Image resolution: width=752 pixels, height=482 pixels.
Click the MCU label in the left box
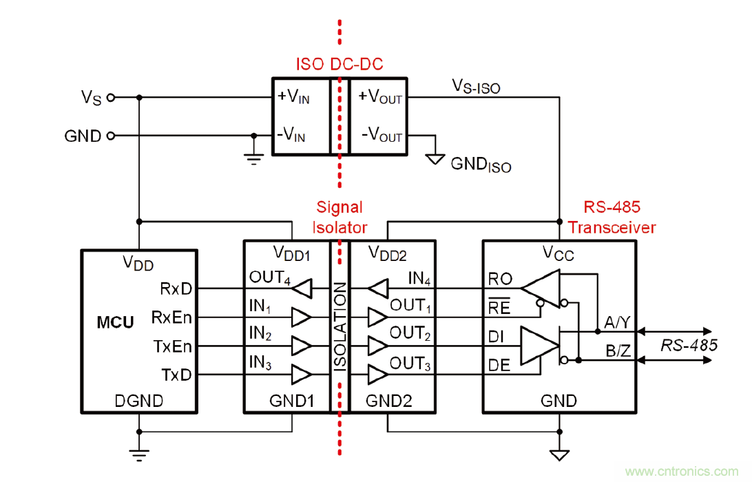coord(115,322)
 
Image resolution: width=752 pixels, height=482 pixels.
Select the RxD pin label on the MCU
coord(176,287)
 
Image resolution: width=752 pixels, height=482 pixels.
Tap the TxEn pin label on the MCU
coord(171,346)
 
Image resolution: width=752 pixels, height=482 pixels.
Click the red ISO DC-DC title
coord(339,65)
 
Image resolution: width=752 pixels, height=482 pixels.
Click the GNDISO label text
coord(481,165)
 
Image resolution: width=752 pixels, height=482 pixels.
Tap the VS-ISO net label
coord(476,86)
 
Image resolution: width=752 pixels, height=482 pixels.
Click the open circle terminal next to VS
coord(109,98)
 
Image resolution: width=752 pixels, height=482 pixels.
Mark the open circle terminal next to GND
coord(109,136)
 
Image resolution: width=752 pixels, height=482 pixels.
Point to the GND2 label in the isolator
coord(389,400)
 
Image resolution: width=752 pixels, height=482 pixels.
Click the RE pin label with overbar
coord(499,308)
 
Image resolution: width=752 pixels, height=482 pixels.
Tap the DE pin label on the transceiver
coord(499,366)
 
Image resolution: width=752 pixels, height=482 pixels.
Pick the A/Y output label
coord(618,322)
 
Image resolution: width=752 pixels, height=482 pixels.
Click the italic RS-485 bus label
coord(689,344)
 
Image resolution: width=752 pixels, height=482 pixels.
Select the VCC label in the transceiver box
coord(558,255)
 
